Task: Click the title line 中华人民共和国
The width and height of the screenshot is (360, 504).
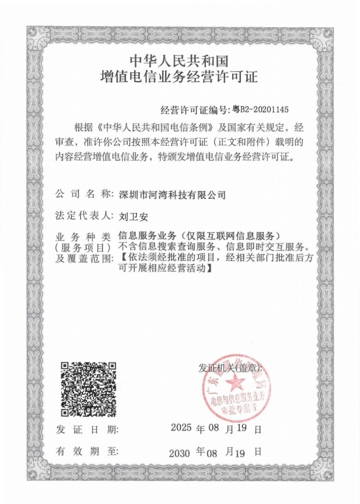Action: point(179,61)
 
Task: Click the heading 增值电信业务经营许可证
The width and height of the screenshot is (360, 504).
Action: point(179,78)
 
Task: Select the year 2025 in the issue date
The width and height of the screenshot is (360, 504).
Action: point(180,427)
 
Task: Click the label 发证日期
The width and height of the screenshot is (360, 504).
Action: point(87,429)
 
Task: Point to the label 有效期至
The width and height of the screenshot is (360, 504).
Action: point(87,452)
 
